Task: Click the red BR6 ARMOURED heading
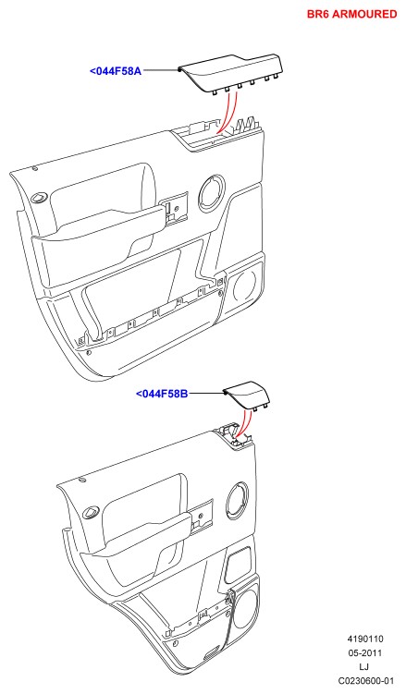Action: click(x=352, y=14)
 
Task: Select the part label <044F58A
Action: click(x=116, y=71)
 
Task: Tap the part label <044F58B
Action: click(x=162, y=393)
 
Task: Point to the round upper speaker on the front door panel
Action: click(x=211, y=191)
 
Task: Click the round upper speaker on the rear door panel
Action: click(x=238, y=501)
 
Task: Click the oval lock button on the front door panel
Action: click(x=41, y=197)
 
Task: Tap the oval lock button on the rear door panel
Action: click(x=91, y=513)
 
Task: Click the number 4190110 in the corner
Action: click(x=365, y=639)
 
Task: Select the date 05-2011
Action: click(x=365, y=652)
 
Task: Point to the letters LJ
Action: click(x=364, y=666)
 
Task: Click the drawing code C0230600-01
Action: click(x=365, y=681)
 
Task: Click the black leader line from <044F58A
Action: click(x=160, y=70)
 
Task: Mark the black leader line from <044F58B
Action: click(x=206, y=393)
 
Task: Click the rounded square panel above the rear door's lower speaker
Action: click(x=239, y=565)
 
